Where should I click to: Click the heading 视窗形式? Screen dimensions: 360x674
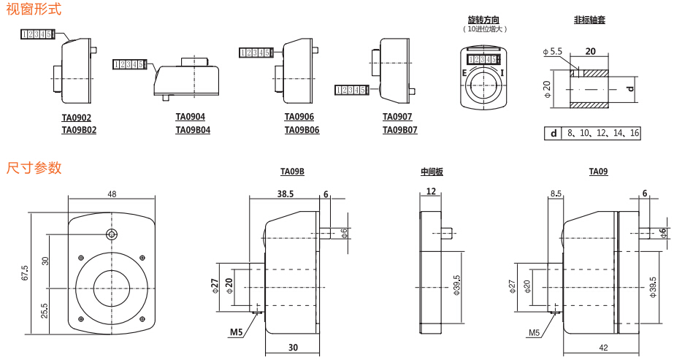pos(34,9)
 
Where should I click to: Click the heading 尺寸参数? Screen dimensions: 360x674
pos(34,168)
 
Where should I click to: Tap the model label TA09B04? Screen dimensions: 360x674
pos(193,130)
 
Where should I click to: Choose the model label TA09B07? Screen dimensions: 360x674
pos(400,130)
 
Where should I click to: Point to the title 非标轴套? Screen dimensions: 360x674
pos(589,20)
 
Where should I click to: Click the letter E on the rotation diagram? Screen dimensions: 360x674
pos(464,73)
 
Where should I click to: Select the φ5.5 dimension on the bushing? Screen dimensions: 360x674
pos(553,52)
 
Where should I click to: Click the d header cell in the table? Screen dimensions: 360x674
pos(553,133)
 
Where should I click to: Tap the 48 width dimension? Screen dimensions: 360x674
pos(112,194)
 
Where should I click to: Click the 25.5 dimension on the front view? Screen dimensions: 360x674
pos(45,310)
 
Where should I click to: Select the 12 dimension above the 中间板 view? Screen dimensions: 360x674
pos(431,191)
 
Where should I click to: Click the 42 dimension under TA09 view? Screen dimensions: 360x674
pos(603,348)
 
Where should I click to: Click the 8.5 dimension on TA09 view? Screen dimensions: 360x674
pos(556,194)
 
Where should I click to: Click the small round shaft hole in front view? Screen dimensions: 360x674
pos(111,234)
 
